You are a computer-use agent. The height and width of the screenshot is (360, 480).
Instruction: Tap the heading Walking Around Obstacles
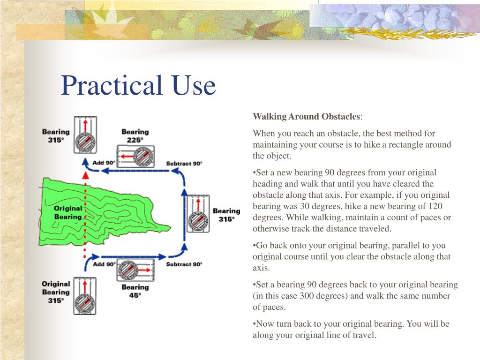click(x=307, y=116)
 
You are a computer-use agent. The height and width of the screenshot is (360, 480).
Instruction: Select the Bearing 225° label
click(x=135, y=136)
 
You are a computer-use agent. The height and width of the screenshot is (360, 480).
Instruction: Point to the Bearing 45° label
click(x=135, y=291)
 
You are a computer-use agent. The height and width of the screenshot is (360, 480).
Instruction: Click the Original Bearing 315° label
click(x=56, y=292)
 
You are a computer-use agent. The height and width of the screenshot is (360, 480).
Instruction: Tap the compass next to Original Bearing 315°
click(x=84, y=296)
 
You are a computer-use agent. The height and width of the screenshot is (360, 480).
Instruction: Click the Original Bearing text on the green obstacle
click(x=68, y=212)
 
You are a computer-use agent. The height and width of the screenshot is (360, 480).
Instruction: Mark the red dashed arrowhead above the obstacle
click(x=85, y=175)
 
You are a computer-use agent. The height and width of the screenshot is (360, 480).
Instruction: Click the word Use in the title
click(x=193, y=85)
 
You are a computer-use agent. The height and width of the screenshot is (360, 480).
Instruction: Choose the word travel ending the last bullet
click(x=365, y=335)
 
